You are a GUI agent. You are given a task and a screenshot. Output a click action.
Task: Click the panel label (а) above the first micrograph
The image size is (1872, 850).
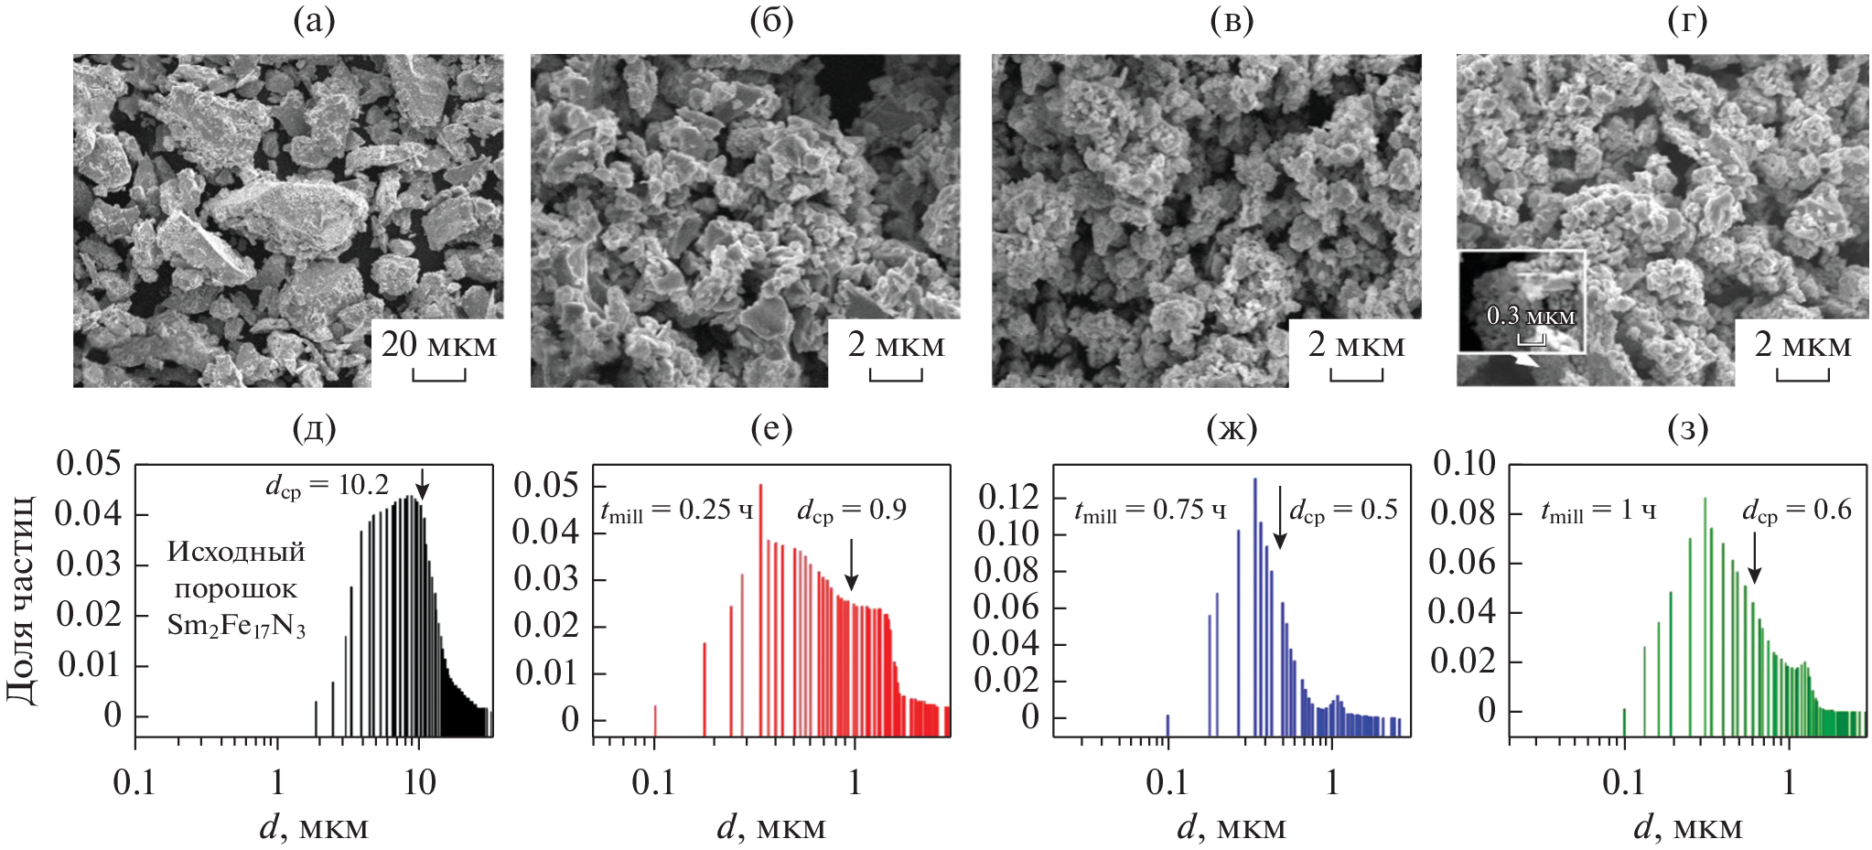(314, 20)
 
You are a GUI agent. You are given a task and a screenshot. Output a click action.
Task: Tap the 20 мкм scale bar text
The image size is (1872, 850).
(438, 345)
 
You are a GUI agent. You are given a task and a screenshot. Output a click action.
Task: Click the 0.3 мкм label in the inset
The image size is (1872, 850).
(1531, 317)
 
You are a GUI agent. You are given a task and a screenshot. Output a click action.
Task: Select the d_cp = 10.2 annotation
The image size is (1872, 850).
(327, 486)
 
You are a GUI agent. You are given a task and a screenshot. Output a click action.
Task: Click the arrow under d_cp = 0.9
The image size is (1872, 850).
(852, 565)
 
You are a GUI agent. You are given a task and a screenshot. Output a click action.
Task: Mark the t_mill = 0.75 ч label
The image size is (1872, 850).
(1150, 511)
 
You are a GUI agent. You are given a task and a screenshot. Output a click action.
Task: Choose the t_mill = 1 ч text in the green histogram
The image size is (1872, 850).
(1598, 511)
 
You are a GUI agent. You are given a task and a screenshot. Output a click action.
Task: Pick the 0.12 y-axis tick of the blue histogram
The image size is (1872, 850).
(1008, 497)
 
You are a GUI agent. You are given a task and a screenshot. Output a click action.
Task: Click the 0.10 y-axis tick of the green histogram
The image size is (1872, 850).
(1464, 463)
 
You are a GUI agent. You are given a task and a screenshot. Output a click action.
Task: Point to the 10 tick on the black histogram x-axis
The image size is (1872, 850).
(419, 782)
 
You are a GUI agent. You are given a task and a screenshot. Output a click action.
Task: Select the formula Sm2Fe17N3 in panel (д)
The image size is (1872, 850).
(236, 625)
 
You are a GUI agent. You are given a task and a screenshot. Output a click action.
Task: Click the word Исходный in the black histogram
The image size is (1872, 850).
(236, 552)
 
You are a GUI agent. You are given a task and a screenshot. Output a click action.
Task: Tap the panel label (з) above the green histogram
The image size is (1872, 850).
(1688, 428)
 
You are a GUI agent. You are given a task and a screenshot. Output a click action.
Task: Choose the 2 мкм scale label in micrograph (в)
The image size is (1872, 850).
(1356, 345)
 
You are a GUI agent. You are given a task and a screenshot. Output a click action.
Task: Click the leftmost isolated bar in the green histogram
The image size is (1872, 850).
(1624, 721)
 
